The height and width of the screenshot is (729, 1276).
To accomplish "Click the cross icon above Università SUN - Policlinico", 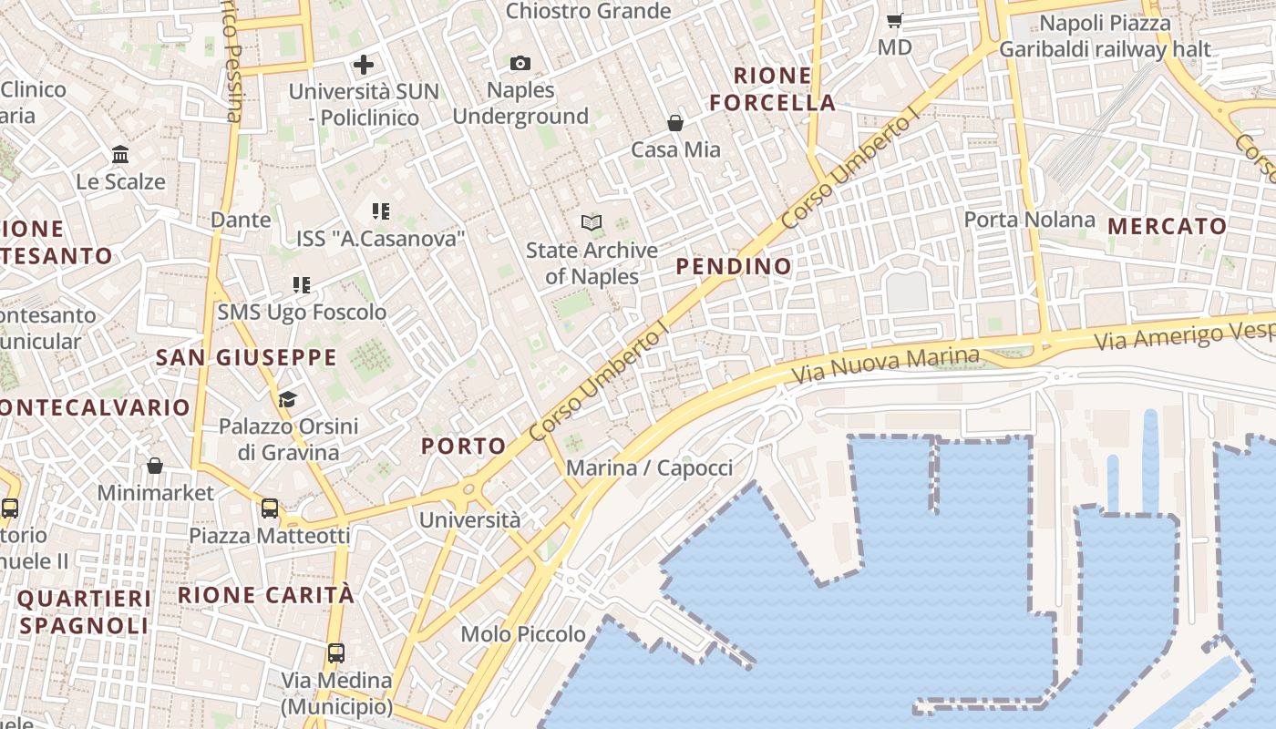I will pos(364,65).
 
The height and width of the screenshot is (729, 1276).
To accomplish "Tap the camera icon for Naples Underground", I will pos(520,63).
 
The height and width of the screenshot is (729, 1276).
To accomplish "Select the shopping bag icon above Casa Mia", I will pos(675,123).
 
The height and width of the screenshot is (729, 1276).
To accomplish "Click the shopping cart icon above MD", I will pos(895,20).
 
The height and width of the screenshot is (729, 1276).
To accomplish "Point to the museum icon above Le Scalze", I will pos(120,155).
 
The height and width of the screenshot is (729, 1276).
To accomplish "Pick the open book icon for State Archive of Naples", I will pos(592,222).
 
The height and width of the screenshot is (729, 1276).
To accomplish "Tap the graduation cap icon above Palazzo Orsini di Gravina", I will pos(288,399).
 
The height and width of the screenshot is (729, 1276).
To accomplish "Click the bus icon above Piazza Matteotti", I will pos(270,508).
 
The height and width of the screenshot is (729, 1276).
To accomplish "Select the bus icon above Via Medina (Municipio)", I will pos(336,652).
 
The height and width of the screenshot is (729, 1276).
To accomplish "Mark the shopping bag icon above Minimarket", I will pos(155,466).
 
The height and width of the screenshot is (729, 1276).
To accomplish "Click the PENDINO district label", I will pos(734,266).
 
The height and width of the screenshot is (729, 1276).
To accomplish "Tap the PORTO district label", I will pos(463,446).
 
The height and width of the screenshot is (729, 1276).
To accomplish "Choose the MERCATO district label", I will pos(1168,226).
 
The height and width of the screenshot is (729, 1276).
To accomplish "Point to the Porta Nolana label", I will pos(1030,220).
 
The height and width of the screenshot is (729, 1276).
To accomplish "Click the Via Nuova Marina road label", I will pos(886,365).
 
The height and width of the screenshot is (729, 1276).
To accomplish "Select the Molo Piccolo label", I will pos(523,634).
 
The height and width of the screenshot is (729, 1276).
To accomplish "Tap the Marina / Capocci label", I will pos(649,468).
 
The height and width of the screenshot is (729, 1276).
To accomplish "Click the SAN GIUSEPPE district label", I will pos(246,357).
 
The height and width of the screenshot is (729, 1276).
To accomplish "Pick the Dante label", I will pos(241,220).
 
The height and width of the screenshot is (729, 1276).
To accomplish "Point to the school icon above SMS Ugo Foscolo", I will pos(302,285).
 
